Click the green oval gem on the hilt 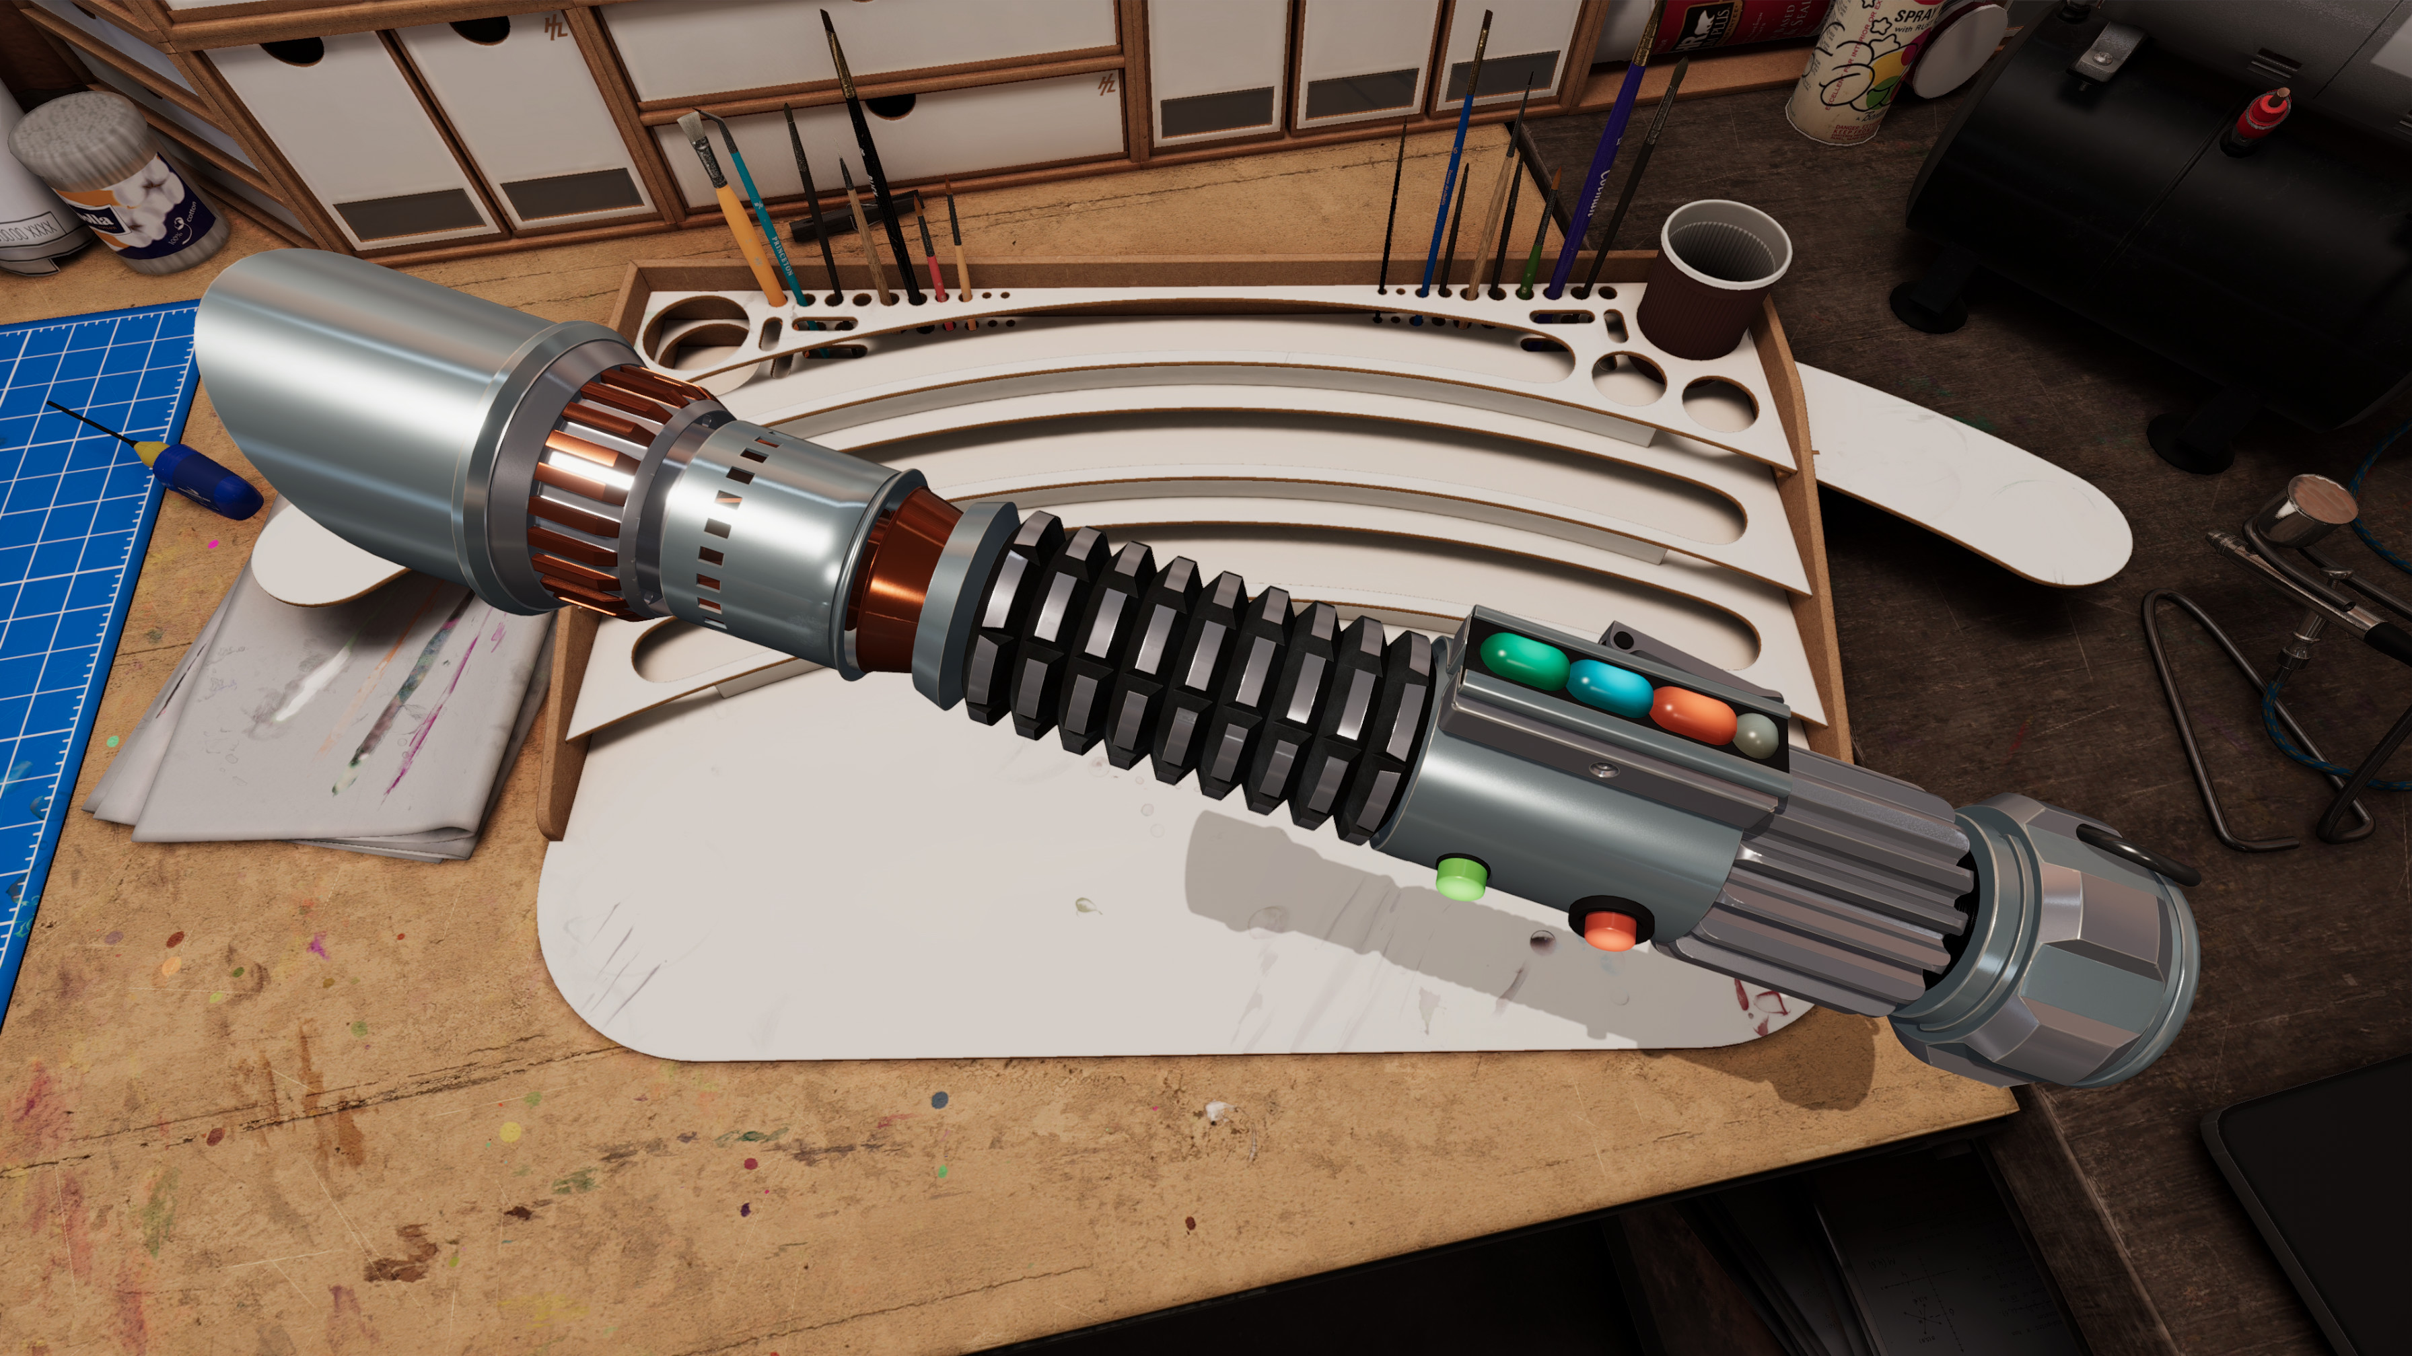pyautogui.click(x=1524, y=660)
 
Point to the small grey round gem pyautogui.click(x=1754, y=734)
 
